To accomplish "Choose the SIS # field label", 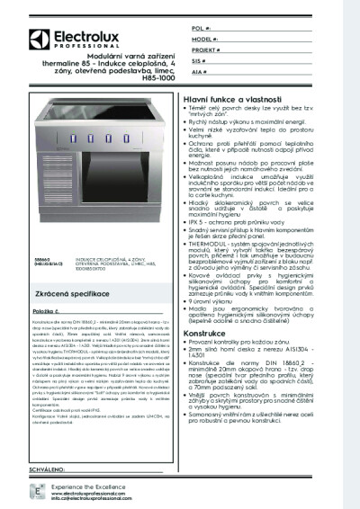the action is [199, 63].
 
